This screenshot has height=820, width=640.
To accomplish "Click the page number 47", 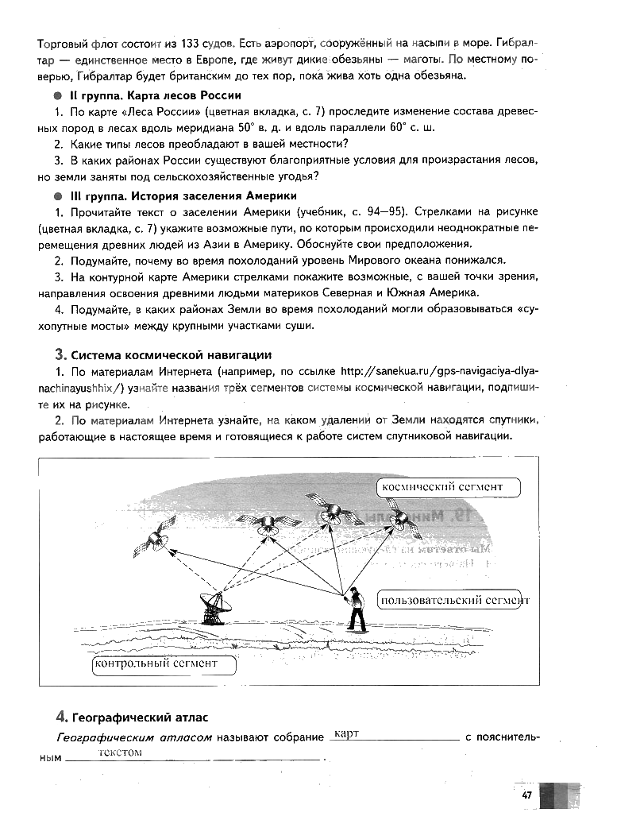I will (x=526, y=795).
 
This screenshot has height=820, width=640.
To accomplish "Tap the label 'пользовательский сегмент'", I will (x=454, y=600).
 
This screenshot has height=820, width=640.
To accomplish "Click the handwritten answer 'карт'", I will (x=347, y=733).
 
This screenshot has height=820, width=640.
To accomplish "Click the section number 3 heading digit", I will (x=60, y=354).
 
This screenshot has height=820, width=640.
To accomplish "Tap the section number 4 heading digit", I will (x=60, y=717).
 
